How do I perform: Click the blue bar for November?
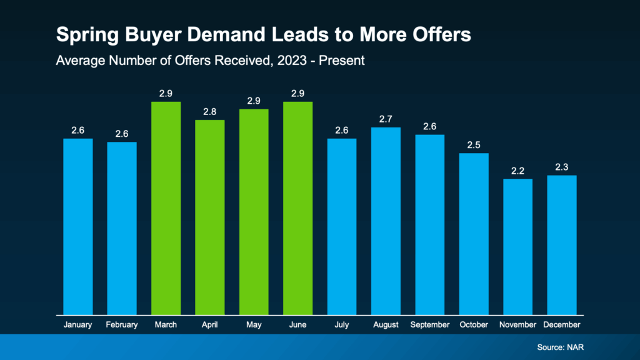(x=517, y=246)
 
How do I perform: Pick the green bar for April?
(x=209, y=217)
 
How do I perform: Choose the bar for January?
(x=78, y=226)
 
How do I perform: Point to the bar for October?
(x=474, y=234)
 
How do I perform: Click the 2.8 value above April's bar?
(x=209, y=112)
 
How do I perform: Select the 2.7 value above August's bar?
(x=386, y=119)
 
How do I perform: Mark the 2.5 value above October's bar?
(x=474, y=145)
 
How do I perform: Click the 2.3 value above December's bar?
(x=561, y=167)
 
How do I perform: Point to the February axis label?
(x=122, y=325)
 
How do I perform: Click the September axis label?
(x=429, y=325)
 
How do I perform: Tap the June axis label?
(x=297, y=325)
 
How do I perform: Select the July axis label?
(x=341, y=325)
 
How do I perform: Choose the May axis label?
(x=254, y=325)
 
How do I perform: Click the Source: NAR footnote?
(x=559, y=347)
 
